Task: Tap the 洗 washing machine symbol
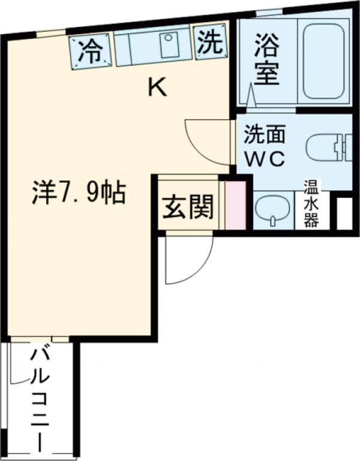point(209,43)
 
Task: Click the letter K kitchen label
point(157,88)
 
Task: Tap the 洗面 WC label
point(264,147)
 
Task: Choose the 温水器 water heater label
point(311,203)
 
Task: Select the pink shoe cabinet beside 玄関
point(235,204)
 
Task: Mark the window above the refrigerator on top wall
point(50,33)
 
